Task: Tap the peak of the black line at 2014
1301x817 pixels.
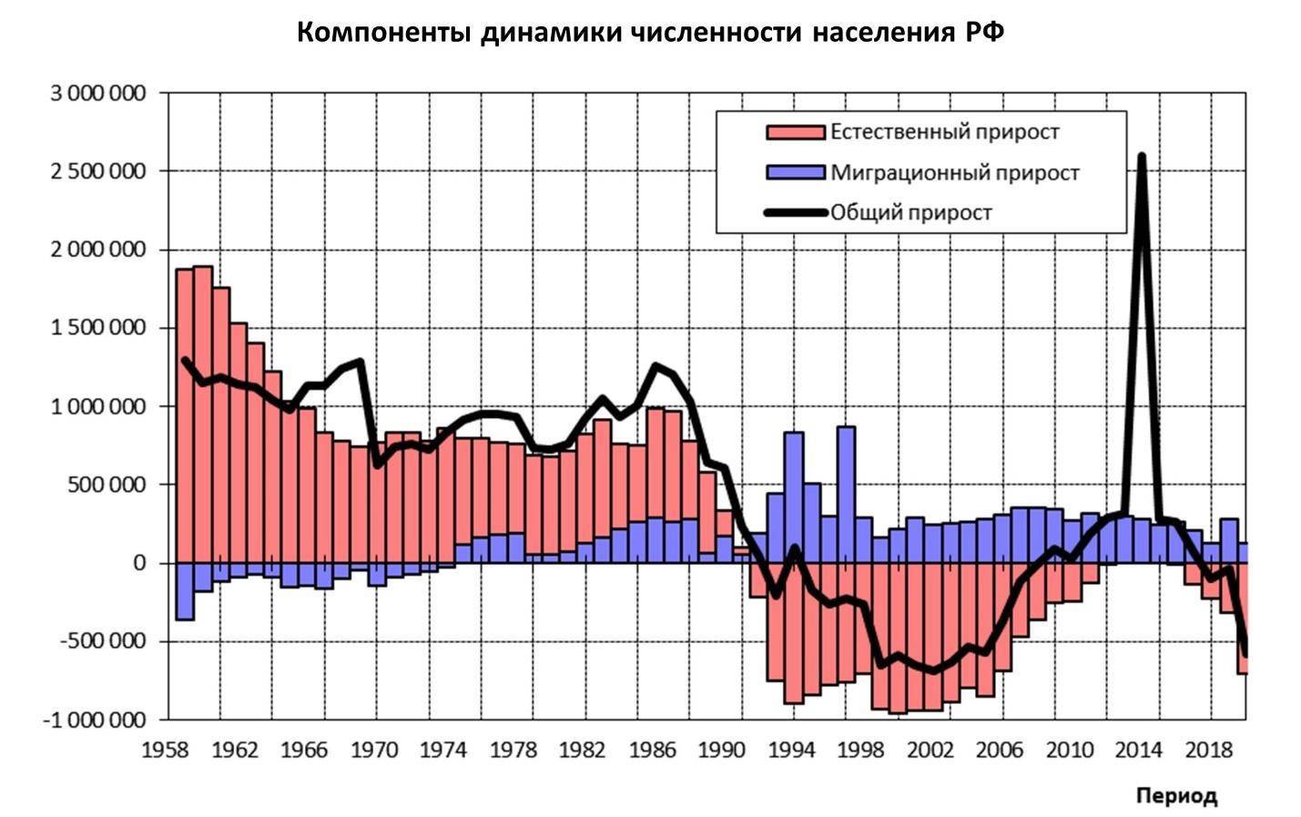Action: pyautogui.click(x=1141, y=158)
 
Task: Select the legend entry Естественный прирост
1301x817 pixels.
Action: pyautogui.click(x=944, y=132)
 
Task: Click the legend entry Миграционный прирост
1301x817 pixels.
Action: pyautogui.click(x=954, y=172)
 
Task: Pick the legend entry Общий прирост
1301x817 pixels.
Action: pyautogui.click(x=910, y=213)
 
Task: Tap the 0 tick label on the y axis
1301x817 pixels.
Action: pyautogui.click(x=139, y=564)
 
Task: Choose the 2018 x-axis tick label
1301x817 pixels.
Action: pyautogui.click(x=1209, y=751)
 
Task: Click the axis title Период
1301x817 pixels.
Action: pyautogui.click(x=1175, y=796)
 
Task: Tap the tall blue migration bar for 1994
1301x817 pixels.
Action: pyautogui.click(x=793, y=496)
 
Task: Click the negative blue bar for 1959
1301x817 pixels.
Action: pyautogui.click(x=185, y=591)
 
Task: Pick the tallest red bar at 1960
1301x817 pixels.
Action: pyautogui.click(x=203, y=410)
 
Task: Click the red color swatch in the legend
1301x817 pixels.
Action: pyautogui.click(x=795, y=133)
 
